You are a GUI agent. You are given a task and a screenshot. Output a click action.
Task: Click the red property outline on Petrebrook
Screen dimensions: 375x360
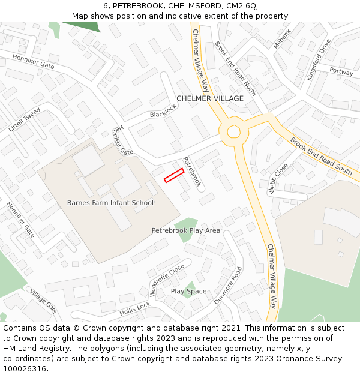click(174, 175)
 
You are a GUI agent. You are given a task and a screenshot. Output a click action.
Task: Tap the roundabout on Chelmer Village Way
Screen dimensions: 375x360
click(233, 131)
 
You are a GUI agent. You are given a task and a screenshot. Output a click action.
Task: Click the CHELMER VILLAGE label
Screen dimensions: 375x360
click(210, 98)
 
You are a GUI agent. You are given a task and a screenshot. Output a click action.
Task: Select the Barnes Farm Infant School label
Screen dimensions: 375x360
click(110, 203)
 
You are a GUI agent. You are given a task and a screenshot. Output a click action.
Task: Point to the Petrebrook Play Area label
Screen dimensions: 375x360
click(185, 230)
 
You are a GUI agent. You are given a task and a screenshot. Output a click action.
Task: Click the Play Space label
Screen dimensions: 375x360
click(188, 292)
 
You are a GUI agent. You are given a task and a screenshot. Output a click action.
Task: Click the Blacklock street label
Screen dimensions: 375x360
click(163, 111)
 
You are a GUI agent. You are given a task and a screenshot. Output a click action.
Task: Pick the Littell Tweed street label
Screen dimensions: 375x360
click(25, 120)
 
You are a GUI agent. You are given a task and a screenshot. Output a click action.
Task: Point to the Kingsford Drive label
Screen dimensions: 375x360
click(319, 60)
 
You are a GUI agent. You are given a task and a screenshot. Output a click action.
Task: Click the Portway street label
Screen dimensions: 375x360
click(341, 71)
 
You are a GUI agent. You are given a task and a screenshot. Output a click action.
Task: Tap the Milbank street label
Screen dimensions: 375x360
click(281, 39)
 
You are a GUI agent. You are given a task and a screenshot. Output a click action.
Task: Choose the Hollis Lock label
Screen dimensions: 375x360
click(135, 309)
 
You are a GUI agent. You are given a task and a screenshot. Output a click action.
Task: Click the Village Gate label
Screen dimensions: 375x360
click(43, 302)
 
